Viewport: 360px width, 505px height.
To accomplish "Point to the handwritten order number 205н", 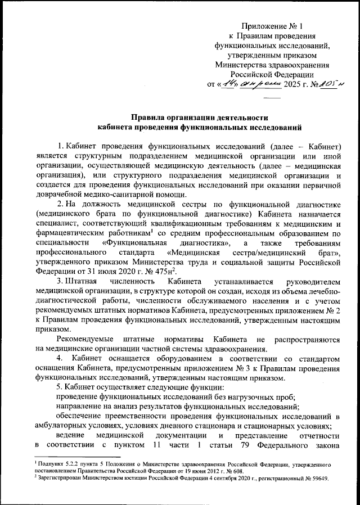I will [328, 84].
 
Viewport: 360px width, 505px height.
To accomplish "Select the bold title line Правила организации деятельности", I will [196, 118].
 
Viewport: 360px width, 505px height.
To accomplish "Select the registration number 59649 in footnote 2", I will [318, 479].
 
